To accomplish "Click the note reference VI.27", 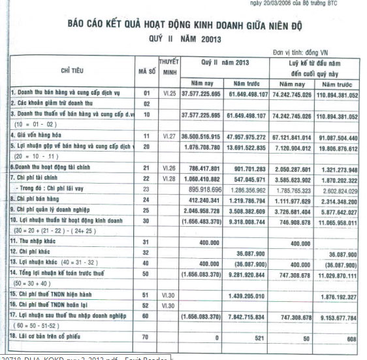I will point(168,137).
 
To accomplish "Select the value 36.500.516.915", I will point(200,137).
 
